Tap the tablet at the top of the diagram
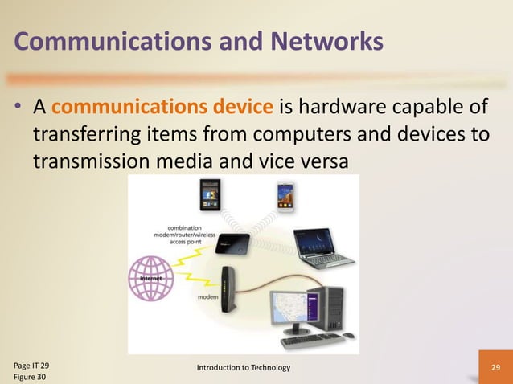[211, 195]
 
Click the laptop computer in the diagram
[322, 249]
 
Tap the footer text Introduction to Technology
[244, 368]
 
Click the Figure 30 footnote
[32, 377]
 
